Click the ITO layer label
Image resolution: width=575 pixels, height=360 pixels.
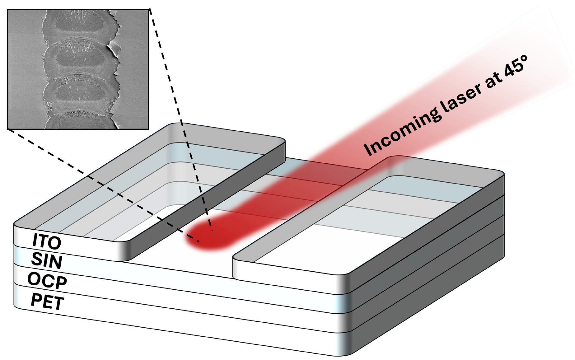(47, 241)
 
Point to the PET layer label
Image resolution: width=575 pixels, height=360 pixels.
(47, 301)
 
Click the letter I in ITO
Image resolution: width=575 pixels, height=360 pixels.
(35, 240)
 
